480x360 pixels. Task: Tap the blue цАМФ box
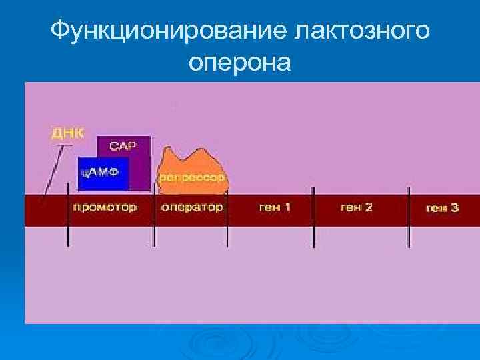click(102, 173)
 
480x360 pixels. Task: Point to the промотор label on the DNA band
click(105, 207)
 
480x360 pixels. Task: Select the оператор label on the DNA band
click(192, 207)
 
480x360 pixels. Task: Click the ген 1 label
click(275, 207)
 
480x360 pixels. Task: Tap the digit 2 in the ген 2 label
click(369, 207)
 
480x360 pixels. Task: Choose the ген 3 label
click(442, 208)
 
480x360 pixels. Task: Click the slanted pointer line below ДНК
click(52, 170)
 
